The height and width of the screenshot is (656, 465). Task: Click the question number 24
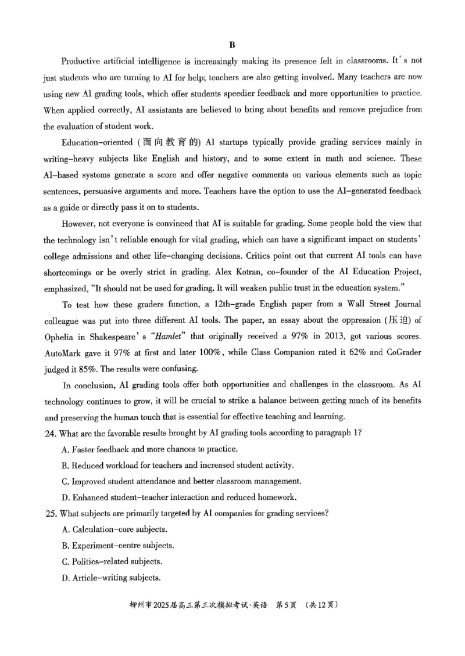[50, 432]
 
